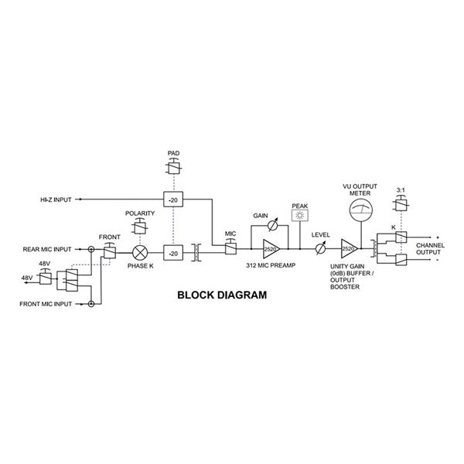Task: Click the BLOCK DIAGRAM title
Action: pyautogui.click(x=222, y=295)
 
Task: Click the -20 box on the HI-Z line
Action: pyautogui.click(x=173, y=200)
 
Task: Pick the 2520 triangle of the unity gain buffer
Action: pyautogui.click(x=349, y=249)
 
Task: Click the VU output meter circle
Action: pyautogui.click(x=357, y=209)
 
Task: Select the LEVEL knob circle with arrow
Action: pyautogui.click(x=320, y=249)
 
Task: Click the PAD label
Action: pyautogui.click(x=173, y=155)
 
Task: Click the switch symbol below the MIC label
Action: pyautogui.click(x=230, y=249)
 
